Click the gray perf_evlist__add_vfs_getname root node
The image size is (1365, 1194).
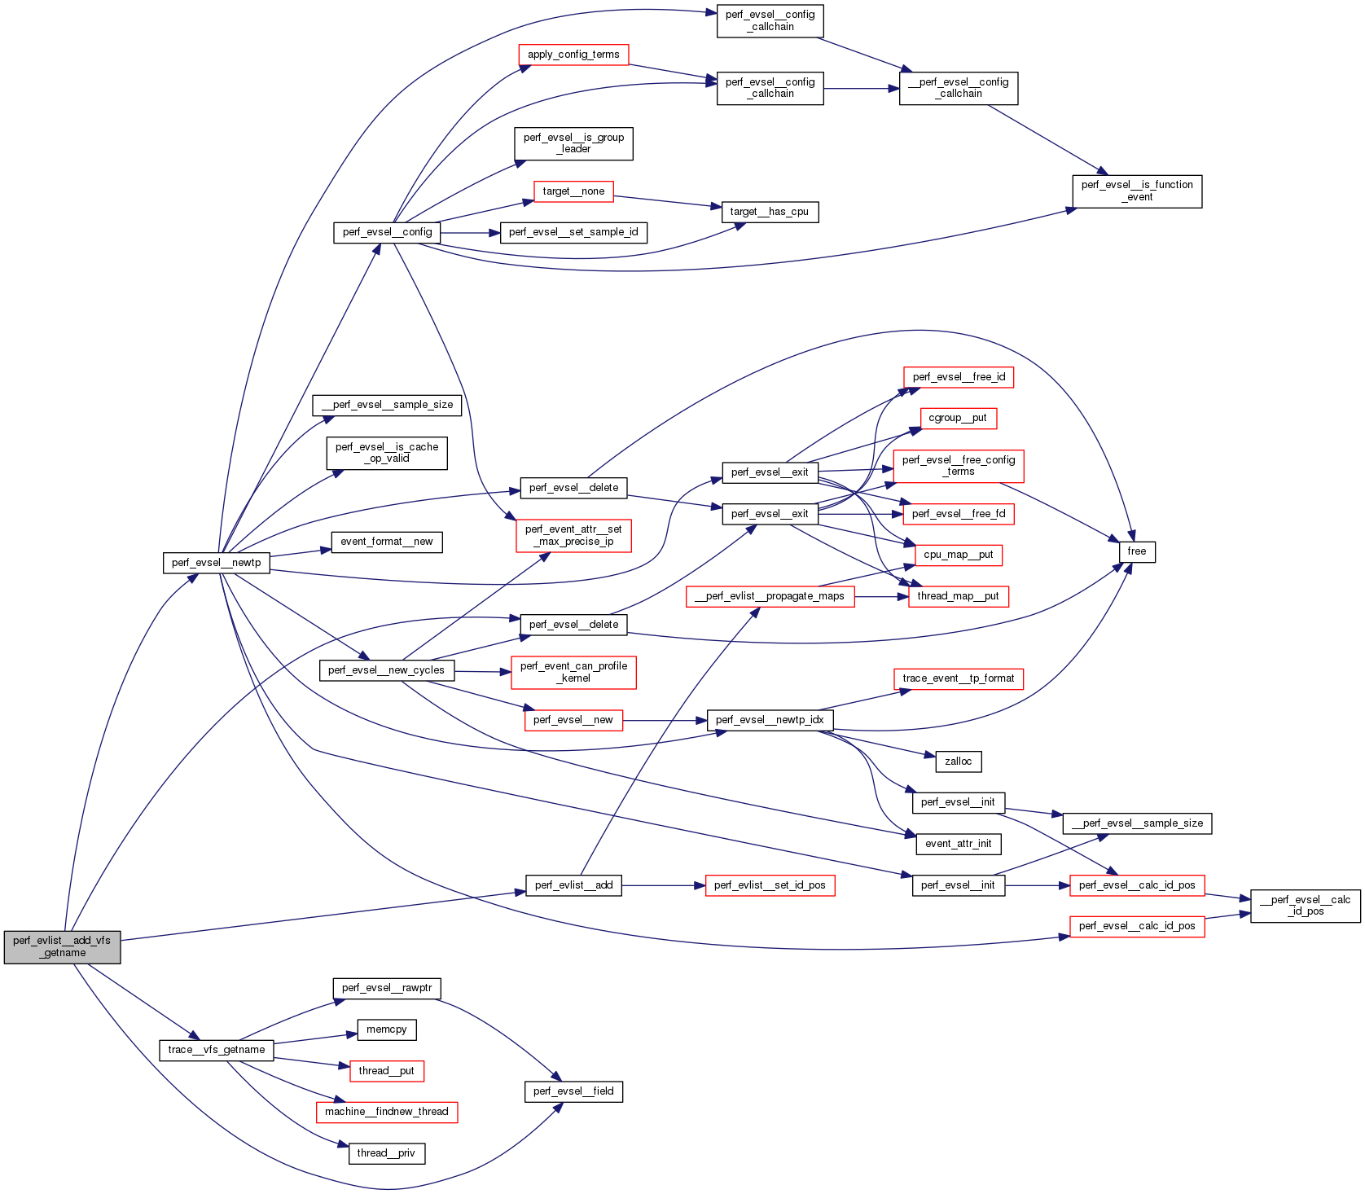[62, 946]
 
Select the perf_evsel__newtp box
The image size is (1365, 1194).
[216, 563]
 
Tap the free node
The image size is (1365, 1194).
[1137, 551]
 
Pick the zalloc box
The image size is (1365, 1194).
[958, 762]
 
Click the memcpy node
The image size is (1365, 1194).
[386, 1029]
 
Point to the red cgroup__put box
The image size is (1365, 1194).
[957, 418]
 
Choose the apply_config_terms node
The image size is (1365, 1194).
[573, 55]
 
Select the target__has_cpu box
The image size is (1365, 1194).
[769, 212]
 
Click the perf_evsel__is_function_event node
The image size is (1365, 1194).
[1136, 191]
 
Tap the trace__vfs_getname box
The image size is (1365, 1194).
[216, 1050]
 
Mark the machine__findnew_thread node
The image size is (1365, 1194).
[386, 1112]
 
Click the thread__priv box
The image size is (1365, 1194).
[386, 1153]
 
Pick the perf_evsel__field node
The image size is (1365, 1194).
[573, 1091]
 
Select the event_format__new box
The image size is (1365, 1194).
[386, 542]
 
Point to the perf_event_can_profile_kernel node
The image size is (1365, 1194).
[573, 672]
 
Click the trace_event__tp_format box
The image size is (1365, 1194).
[958, 678]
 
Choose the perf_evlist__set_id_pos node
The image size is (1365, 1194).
[769, 885]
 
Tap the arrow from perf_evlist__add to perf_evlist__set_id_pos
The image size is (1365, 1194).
[663, 885]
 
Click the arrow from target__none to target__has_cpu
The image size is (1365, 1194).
[668, 201]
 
